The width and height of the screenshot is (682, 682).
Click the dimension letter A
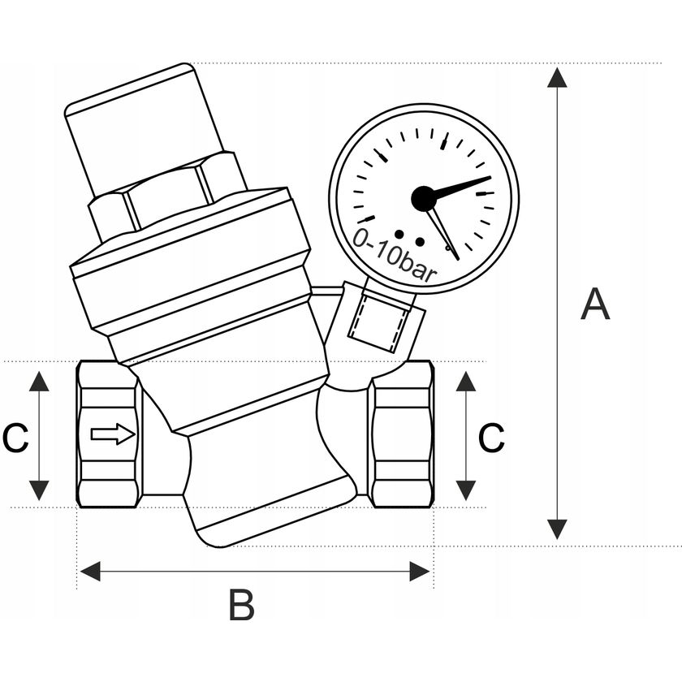point(595,304)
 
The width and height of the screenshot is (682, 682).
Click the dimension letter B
point(241,605)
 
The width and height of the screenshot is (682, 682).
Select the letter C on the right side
point(491,438)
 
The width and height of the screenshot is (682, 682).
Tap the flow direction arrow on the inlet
point(113,435)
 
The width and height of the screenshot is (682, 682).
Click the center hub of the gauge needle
point(423,197)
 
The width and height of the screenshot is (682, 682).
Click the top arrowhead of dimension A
point(557,78)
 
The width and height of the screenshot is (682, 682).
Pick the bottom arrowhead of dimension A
point(557,530)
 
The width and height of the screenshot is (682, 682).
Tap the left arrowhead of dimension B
point(90,571)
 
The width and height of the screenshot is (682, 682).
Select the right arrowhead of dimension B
point(421,571)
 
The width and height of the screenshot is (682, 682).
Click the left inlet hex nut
point(109,435)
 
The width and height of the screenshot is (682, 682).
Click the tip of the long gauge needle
point(490,178)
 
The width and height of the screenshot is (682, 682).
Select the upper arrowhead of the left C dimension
point(39,381)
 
